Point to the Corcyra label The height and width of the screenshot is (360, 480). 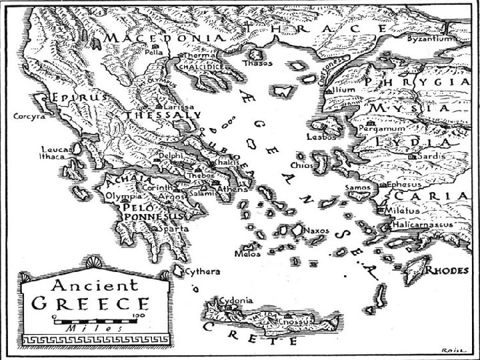tap(28, 115)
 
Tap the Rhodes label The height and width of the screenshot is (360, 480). tap(448, 271)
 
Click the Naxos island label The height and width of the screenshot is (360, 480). tap(316, 231)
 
